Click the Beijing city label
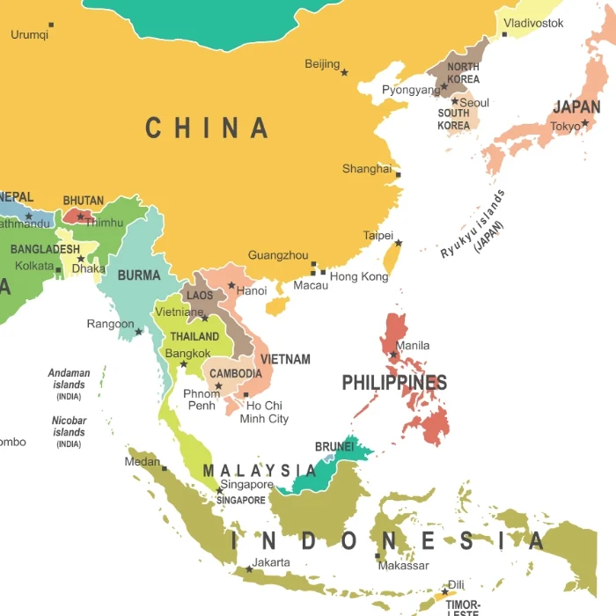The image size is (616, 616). click(x=322, y=64)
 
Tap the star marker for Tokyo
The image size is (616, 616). click(x=584, y=123)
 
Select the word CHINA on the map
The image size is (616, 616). click(x=207, y=128)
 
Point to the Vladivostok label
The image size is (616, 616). click(x=533, y=23)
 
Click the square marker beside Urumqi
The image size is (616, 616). click(x=51, y=25)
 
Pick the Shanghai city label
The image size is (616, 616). click(x=366, y=169)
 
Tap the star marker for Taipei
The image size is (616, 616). click(x=398, y=243)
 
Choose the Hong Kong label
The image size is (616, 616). click(x=359, y=276)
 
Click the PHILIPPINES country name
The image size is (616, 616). click(x=394, y=383)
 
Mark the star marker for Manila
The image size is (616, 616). click(x=393, y=355)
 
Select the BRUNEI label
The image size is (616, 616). click(x=334, y=447)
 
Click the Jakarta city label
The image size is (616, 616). click(x=271, y=562)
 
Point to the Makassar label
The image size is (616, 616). click(x=403, y=566)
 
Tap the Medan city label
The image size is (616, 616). click(x=142, y=461)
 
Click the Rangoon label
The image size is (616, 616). click(x=110, y=325)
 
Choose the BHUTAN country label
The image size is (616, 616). click(x=84, y=201)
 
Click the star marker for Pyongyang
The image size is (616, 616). click(x=444, y=87)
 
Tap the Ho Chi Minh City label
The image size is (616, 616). click(x=264, y=412)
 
